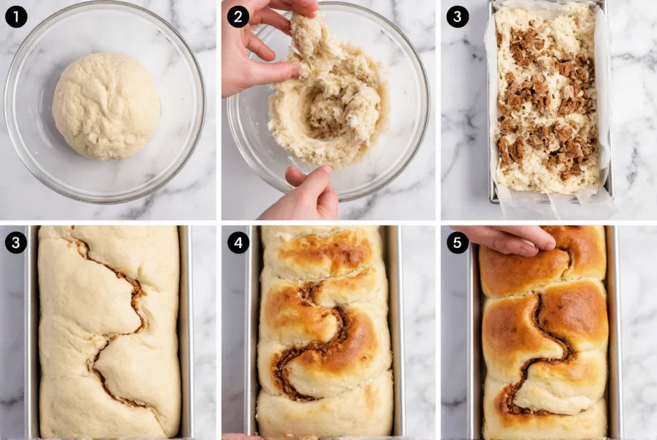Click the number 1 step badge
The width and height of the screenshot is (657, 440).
(16, 16)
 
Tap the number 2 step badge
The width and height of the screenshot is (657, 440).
(238, 16)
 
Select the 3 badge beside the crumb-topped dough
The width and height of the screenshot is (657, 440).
(458, 16)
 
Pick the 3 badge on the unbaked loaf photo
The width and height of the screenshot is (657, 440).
(16, 243)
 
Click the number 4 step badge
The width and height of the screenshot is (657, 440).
(238, 243)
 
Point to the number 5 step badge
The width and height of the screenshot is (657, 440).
(458, 243)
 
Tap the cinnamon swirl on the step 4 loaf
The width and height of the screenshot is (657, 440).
(315, 345)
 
